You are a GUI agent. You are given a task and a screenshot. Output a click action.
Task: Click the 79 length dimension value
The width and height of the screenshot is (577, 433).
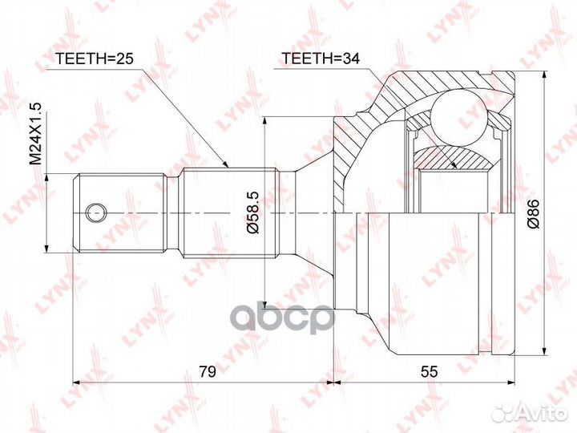tap(208, 370)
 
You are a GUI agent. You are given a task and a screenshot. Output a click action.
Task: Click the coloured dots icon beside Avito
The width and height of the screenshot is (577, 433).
tap(506, 412)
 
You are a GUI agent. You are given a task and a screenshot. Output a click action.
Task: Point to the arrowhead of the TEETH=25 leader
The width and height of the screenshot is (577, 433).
tap(228, 166)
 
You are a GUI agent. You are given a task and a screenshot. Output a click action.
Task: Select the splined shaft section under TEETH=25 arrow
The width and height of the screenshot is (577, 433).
tap(228, 212)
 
